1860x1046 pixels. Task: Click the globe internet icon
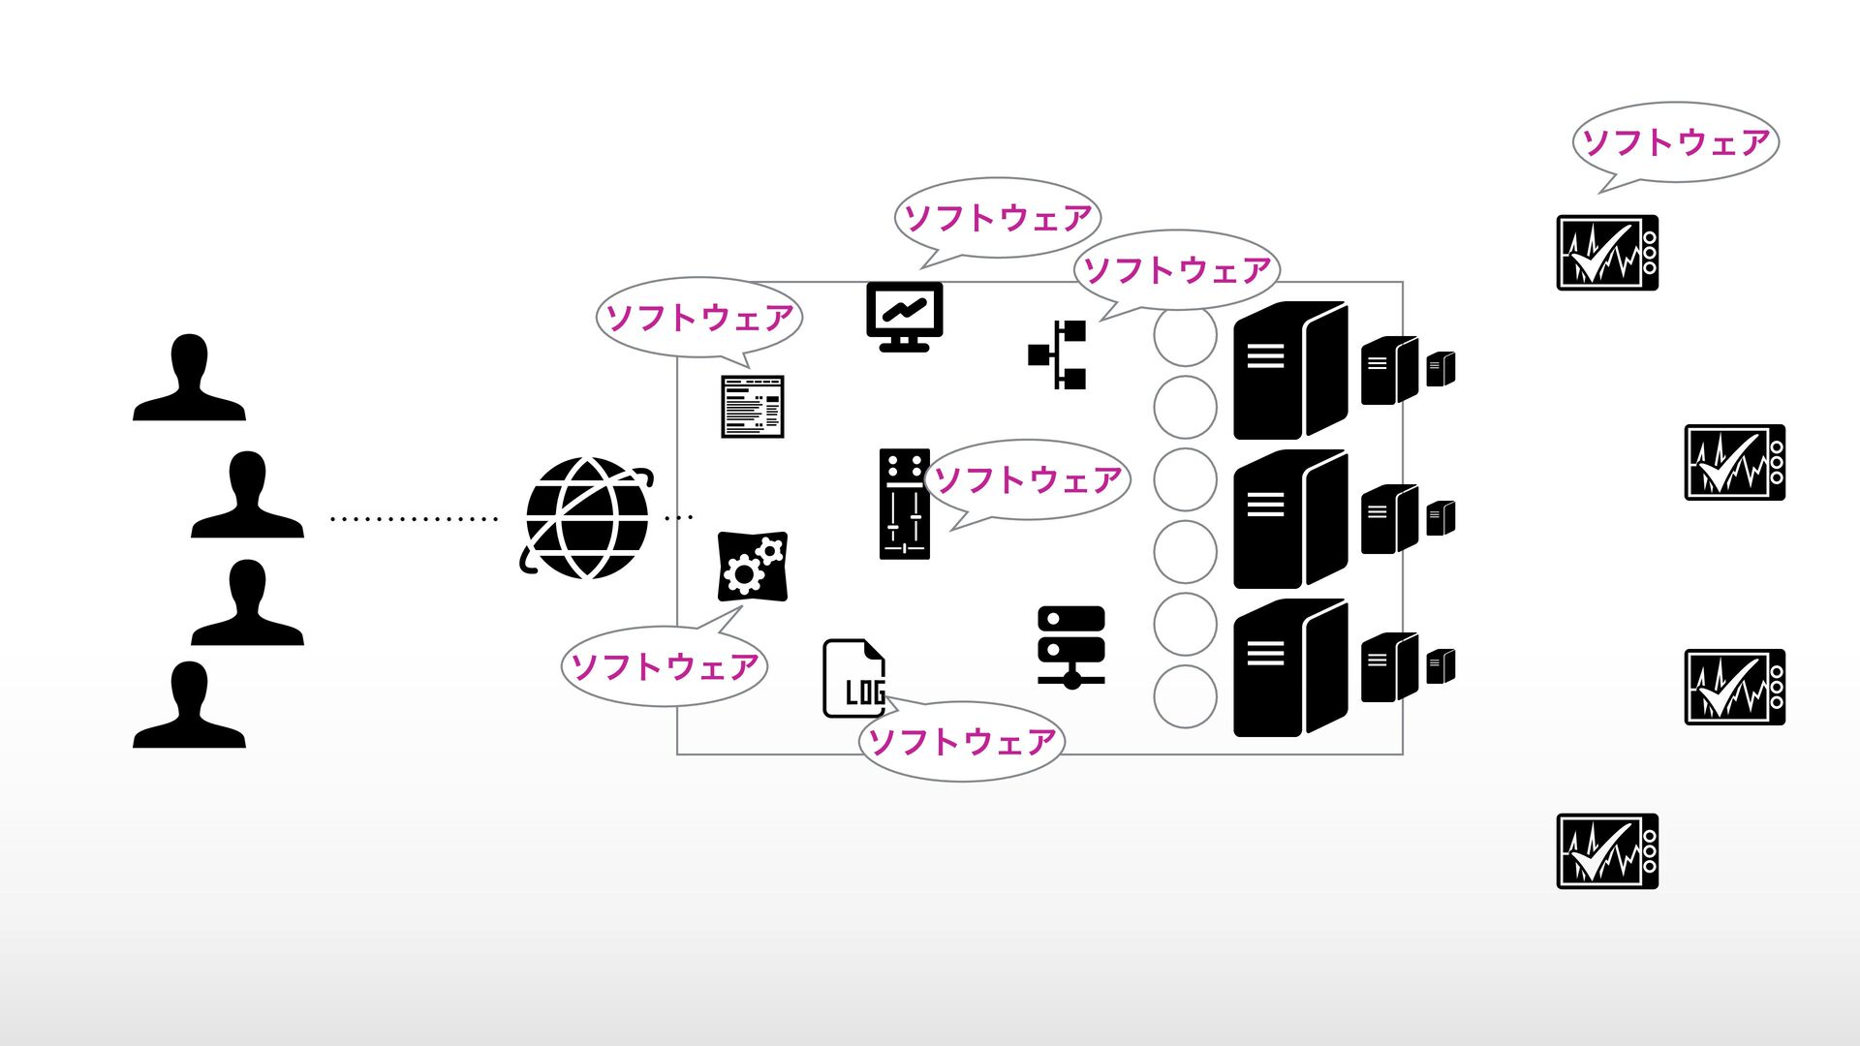tap(586, 518)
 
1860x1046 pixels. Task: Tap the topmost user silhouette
tap(189, 380)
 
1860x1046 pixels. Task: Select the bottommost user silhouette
tap(189, 707)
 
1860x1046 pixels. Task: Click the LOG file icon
tap(853, 678)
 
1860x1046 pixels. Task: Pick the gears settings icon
tap(752, 567)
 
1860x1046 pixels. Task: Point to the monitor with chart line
tap(904, 315)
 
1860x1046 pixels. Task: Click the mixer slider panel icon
tap(904, 504)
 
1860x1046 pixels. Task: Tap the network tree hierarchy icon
tap(1059, 354)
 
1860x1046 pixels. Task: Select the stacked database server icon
tap(1070, 647)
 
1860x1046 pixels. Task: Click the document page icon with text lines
tap(753, 407)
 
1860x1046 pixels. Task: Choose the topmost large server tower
tap(1289, 370)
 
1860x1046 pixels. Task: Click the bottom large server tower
tap(1289, 668)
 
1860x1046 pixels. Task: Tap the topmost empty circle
tap(1185, 336)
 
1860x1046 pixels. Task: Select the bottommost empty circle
tap(1185, 696)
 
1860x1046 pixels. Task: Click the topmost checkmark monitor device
tap(1607, 253)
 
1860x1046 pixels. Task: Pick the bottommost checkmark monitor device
tap(1607, 851)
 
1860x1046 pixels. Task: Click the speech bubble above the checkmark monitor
tap(1675, 142)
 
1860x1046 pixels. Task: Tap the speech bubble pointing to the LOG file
tap(961, 742)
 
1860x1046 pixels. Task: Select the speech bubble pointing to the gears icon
tap(665, 666)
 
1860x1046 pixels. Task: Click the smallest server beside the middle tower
tap(1441, 518)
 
